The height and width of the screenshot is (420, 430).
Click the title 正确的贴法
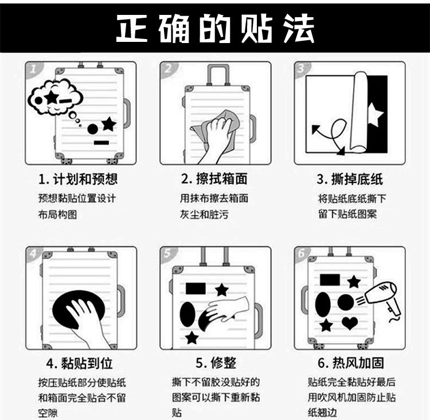pyautogui.click(x=216, y=28)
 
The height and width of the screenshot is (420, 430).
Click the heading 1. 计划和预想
pyautogui.click(x=78, y=179)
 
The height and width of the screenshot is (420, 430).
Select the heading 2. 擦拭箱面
pyautogui.click(x=214, y=178)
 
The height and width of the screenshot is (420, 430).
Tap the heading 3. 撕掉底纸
pyautogui.click(x=350, y=179)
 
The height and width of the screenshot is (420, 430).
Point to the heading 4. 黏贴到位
pyautogui.click(x=79, y=363)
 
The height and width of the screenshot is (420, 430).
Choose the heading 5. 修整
pyautogui.click(x=216, y=363)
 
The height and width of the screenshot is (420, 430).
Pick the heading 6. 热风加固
pyautogui.click(x=351, y=363)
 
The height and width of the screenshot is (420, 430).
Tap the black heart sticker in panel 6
pyautogui.click(x=350, y=323)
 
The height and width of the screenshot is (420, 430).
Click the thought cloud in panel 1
pyautogui.click(x=56, y=96)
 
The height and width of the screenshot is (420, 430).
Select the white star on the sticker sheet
pyautogui.click(x=375, y=114)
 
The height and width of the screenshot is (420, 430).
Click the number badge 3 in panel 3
pyautogui.click(x=301, y=68)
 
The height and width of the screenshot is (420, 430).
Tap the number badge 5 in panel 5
pyautogui.click(x=167, y=253)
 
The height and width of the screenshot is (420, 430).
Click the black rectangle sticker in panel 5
pyautogui.click(x=196, y=288)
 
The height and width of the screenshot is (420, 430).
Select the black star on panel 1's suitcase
pyautogui.click(x=109, y=124)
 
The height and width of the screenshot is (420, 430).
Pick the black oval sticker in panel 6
pyautogui.click(x=323, y=304)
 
